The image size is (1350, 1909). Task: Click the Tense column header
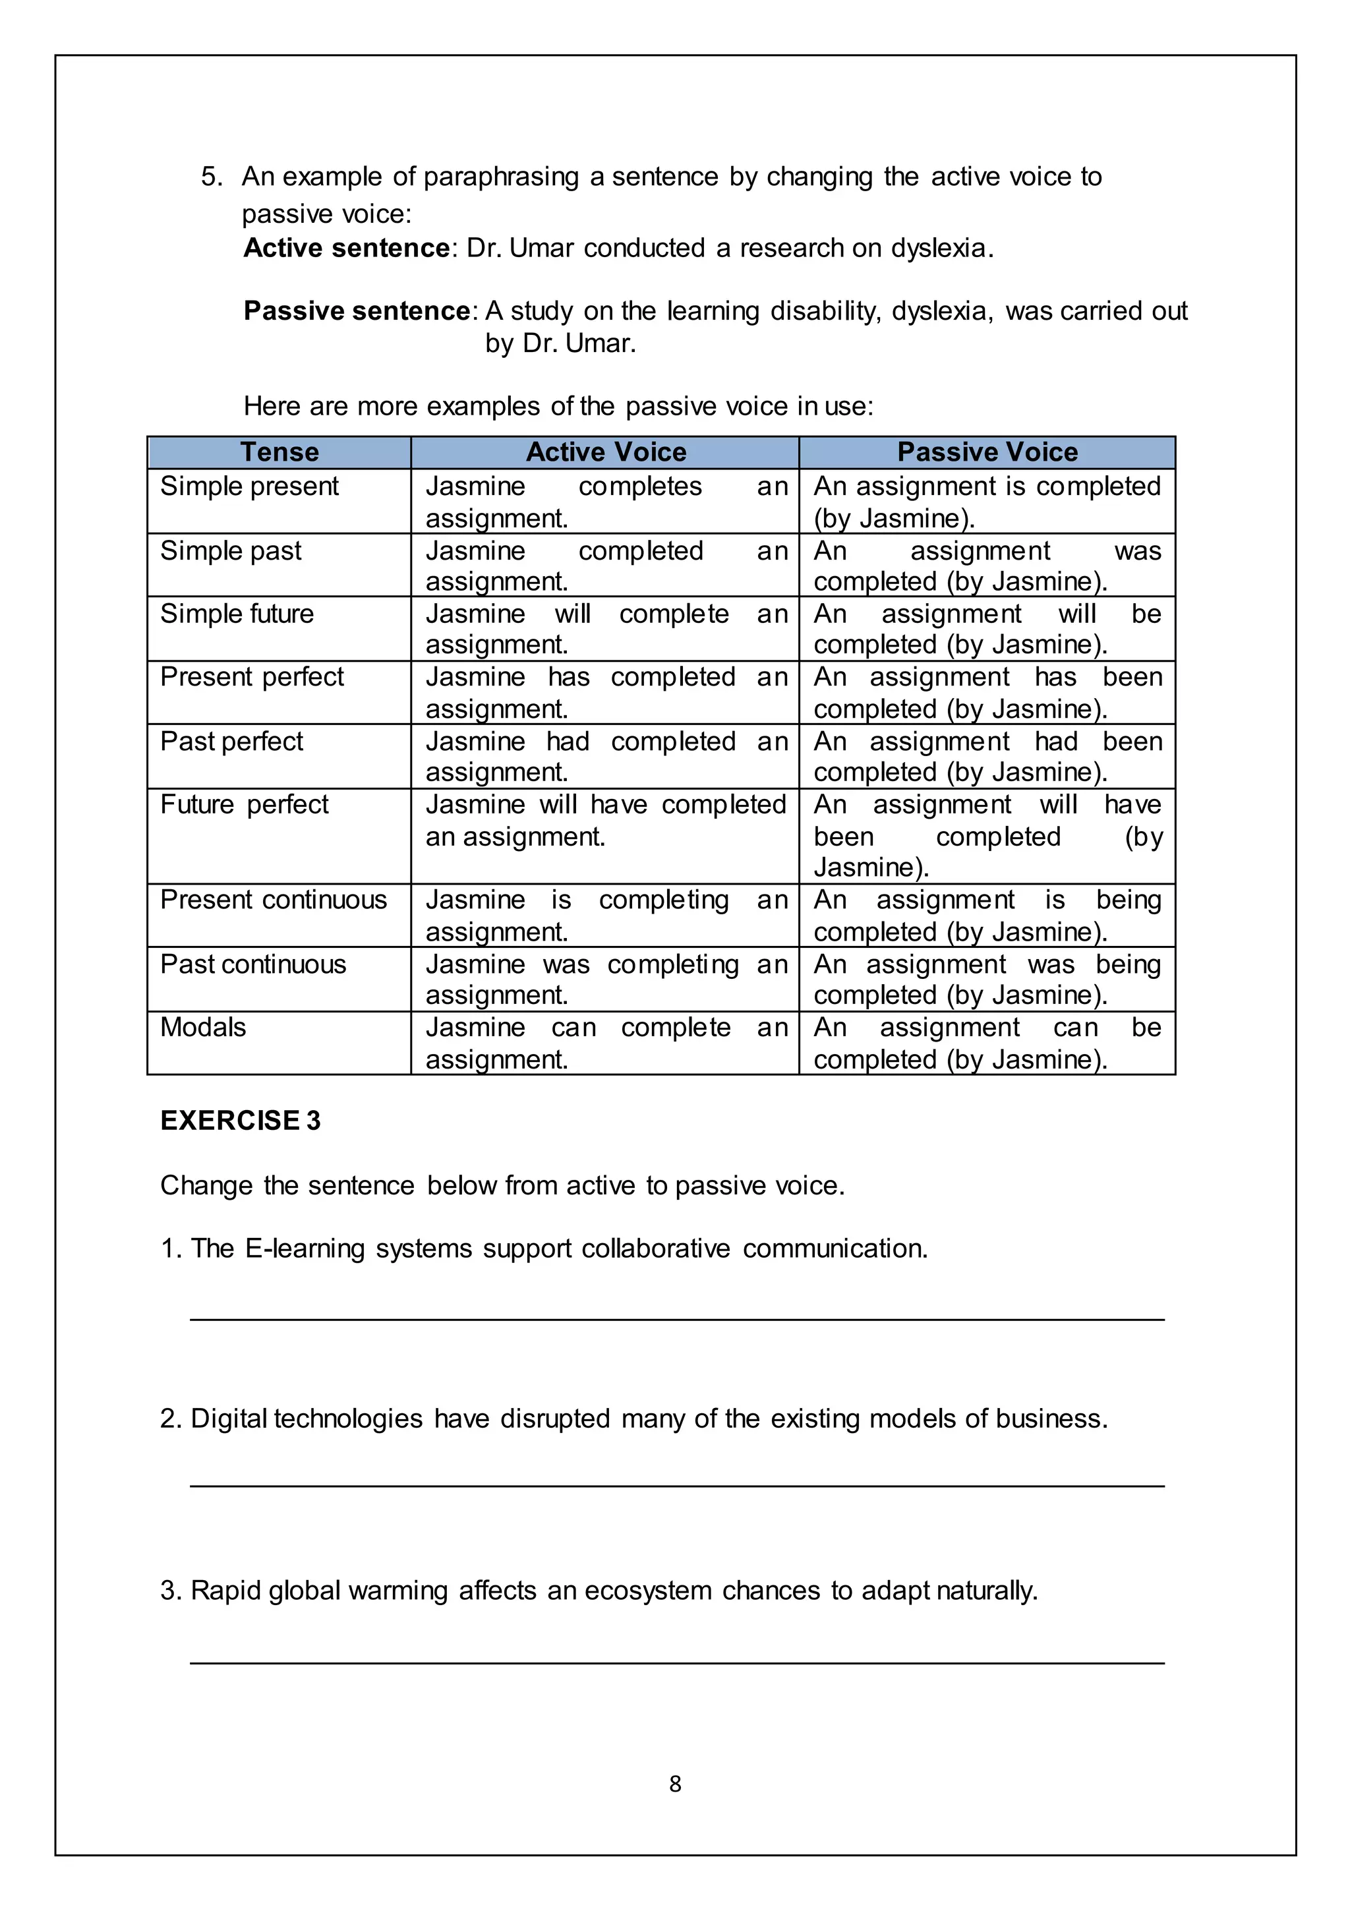coord(279,452)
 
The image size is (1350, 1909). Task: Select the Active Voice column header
coord(606,452)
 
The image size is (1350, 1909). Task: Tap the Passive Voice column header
coord(987,452)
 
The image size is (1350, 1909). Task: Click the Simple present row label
coord(249,486)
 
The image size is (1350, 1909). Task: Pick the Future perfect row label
coord(245,805)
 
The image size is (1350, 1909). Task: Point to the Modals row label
coord(203,1028)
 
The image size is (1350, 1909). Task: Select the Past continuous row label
coord(252,964)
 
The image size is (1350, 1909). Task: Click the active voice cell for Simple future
coord(606,629)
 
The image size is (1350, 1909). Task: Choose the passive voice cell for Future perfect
coord(987,836)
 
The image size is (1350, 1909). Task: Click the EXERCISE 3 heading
coord(240,1121)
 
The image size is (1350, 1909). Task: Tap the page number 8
coord(675,1784)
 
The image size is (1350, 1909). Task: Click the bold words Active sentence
coord(347,248)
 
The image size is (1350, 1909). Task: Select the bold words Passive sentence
coord(357,311)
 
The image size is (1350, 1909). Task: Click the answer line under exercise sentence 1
coord(677,1318)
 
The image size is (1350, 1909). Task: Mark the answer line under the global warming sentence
coord(677,1663)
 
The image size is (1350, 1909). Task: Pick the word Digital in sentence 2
coord(229,1419)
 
